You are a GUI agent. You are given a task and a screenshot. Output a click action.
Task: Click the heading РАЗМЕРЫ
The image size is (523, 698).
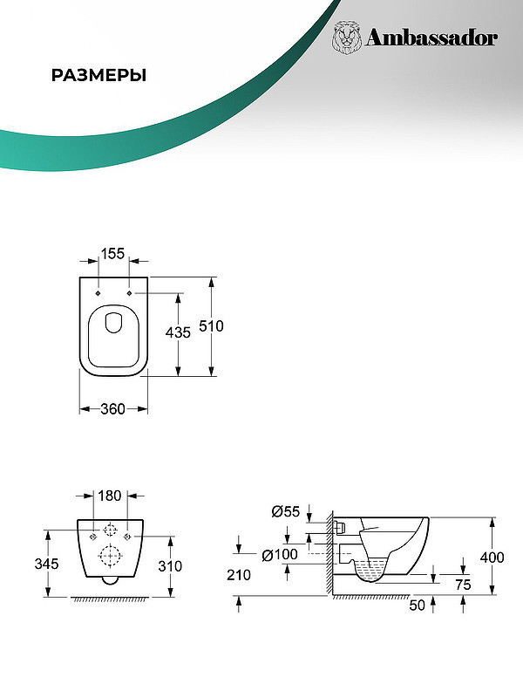(98, 75)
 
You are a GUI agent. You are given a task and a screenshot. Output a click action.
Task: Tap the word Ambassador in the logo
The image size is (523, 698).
(431, 38)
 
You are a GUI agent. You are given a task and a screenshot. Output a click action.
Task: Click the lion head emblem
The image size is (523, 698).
(347, 38)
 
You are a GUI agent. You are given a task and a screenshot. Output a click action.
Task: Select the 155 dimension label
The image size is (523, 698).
(112, 253)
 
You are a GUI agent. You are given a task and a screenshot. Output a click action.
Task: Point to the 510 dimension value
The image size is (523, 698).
(211, 326)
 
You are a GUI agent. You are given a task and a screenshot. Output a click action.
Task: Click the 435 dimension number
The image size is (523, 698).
(178, 332)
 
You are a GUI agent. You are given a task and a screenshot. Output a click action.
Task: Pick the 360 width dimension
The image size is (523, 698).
(112, 408)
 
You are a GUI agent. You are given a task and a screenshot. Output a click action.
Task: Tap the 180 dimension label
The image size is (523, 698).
(110, 496)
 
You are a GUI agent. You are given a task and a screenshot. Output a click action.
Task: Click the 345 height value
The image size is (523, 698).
(47, 564)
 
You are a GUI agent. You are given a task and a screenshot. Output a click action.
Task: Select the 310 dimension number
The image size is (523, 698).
(170, 565)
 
